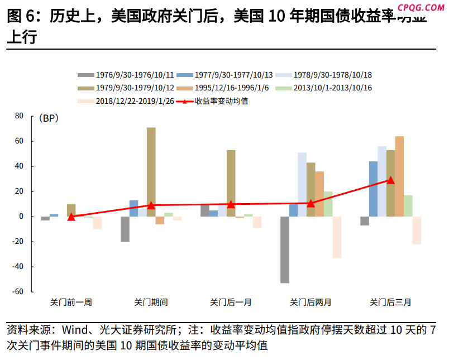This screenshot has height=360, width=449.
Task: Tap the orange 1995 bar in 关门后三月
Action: click(x=399, y=176)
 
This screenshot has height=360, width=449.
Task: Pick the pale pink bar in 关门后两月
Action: click(x=337, y=237)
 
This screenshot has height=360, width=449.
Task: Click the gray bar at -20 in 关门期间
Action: click(x=125, y=229)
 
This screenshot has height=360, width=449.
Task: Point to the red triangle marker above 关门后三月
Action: click(x=391, y=180)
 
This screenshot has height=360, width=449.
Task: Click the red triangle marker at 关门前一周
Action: click(x=71, y=217)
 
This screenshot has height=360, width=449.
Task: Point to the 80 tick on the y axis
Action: click(x=19, y=116)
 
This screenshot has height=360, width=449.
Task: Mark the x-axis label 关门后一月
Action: click(x=231, y=303)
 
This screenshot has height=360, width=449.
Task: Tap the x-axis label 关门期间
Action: click(x=151, y=303)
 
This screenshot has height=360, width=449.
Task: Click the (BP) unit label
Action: click(x=49, y=118)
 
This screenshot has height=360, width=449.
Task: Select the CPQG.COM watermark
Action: click(x=422, y=7)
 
